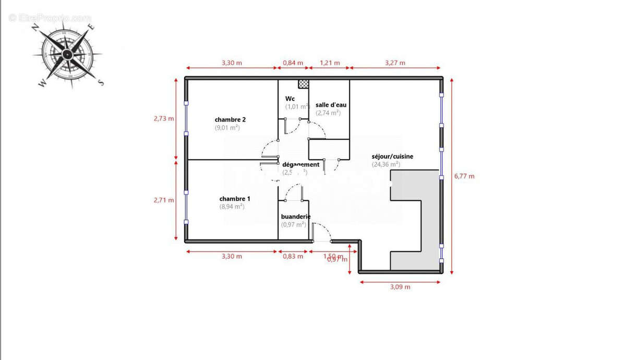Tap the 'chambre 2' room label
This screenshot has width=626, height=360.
tap(230, 119)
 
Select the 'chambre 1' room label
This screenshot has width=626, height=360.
tap(235, 199)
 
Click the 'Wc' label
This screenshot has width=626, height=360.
tap(290, 99)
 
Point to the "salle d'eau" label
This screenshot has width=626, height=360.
tap(331, 105)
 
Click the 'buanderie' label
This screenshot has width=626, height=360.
tap(296, 217)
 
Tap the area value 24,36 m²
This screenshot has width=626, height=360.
tap(386, 164)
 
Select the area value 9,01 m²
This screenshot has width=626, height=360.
tap(227, 127)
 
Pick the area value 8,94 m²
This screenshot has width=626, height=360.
tap(232, 207)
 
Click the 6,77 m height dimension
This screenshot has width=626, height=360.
tap(464, 176)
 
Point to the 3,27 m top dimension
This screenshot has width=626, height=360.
tap(395, 63)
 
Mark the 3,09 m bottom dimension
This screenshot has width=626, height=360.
tap(400, 287)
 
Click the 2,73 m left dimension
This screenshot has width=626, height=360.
tap(164, 118)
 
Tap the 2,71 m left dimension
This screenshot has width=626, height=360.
tap(164, 200)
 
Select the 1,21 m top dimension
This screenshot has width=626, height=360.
tap(330, 63)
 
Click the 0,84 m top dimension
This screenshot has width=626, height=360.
tap(293, 63)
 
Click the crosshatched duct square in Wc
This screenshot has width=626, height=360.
tap(303, 83)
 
